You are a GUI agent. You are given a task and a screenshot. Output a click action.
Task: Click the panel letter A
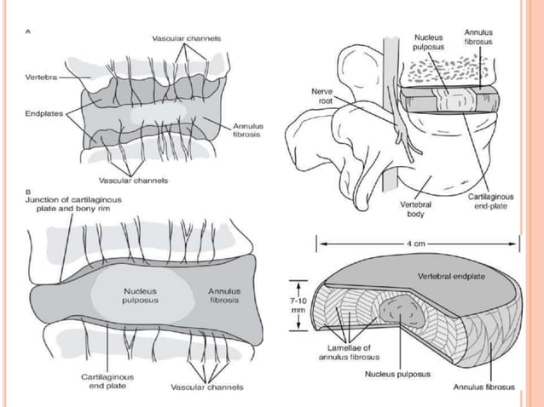click(28, 32)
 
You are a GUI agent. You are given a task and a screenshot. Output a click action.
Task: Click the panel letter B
click(28, 192)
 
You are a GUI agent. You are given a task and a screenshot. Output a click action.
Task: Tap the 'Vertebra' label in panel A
click(41, 77)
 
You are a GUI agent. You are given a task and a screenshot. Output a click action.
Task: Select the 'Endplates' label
click(44, 113)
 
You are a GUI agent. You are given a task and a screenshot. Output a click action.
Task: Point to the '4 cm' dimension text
click(416, 244)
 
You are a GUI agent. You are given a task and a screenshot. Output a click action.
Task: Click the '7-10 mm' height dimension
click(298, 305)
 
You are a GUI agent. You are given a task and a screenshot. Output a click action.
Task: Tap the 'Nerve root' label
click(322, 96)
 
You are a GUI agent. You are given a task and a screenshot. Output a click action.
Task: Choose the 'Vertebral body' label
click(415, 209)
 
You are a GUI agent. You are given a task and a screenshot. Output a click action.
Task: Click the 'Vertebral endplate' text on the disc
click(451, 277)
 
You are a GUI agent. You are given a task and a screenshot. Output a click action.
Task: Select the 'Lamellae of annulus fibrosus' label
click(349, 353)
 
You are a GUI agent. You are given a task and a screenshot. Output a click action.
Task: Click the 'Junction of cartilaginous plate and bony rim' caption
click(73, 204)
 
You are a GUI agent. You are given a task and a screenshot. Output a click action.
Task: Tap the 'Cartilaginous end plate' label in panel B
click(107, 381)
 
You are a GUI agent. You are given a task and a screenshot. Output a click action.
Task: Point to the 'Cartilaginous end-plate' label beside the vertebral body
click(490, 201)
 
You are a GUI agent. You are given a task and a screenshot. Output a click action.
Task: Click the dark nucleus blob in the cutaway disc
click(401, 310)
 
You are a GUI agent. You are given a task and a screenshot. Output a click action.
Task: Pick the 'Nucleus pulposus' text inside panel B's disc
click(140, 295)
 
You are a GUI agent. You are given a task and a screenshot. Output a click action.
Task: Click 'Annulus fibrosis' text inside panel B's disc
click(225, 295)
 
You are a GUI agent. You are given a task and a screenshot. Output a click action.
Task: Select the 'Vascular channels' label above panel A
click(187, 38)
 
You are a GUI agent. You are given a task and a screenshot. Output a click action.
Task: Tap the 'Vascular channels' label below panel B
click(207, 387)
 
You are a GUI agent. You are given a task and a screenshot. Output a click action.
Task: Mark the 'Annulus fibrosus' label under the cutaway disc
click(484, 387)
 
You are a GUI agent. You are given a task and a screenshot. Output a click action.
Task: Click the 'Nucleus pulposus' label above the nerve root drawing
click(429, 42)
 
